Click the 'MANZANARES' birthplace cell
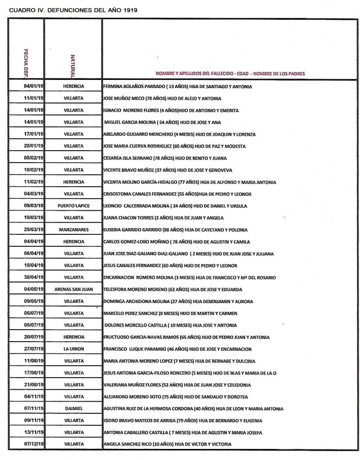point(74,230)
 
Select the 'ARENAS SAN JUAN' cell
point(74,289)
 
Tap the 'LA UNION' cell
point(74,349)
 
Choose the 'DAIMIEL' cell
point(74,409)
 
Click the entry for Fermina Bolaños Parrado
point(178,87)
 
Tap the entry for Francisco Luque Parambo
point(180,349)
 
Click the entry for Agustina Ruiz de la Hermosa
point(193,409)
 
